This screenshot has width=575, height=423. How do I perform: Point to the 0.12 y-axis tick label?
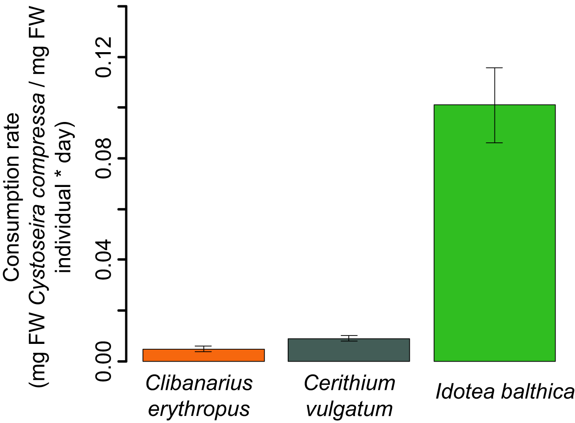coord(105,57)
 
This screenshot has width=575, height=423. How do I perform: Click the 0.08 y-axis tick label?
coord(105,158)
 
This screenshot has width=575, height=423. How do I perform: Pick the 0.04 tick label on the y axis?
coord(105,259)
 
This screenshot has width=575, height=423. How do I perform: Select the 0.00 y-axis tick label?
coord(105,361)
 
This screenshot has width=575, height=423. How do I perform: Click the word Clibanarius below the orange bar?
coord(199,384)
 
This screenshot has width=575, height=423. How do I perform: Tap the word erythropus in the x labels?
coord(199,409)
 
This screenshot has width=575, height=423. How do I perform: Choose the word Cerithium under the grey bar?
coord(349,384)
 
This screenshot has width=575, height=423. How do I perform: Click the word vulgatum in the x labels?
coord(349,409)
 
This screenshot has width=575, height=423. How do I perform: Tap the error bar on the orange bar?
coord(203,349)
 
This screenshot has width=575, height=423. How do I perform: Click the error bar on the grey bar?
coord(349,338)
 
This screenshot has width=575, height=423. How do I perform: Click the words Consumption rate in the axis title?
coord(12,197)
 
